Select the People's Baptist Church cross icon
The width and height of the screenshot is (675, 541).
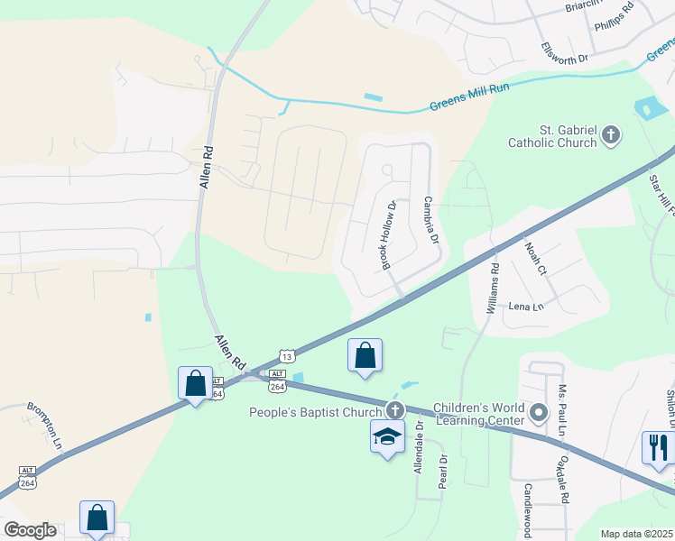394,409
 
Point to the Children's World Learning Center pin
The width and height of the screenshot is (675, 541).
539,414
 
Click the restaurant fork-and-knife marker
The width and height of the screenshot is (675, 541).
657,446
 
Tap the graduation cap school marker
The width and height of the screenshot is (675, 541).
387,437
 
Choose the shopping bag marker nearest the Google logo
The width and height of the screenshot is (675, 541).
97,518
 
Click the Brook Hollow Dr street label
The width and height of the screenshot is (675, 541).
388,234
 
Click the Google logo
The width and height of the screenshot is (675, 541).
30,530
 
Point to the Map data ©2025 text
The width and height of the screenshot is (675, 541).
636,534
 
